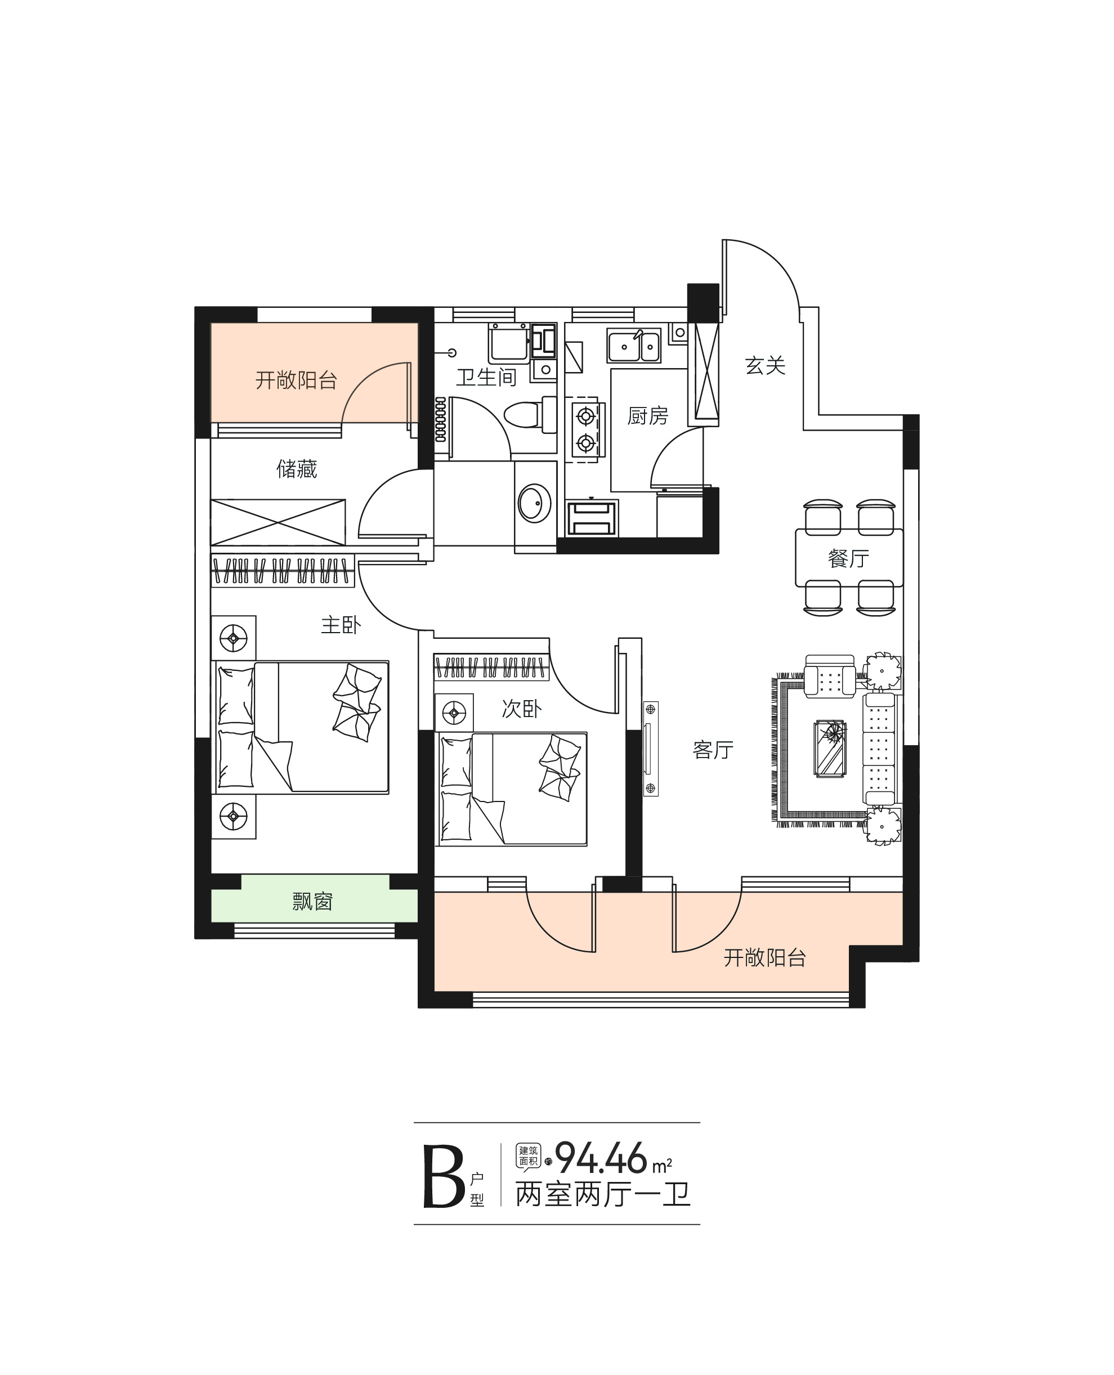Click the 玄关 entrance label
point(765,366)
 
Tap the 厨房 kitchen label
point(647,416)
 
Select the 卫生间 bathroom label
point(486,377)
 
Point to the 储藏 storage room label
point(297,469)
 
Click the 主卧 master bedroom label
point(341,625)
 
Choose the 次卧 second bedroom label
point(521,709)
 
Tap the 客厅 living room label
point(713,750)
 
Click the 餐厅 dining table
point(849,558)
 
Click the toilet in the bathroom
point(530,414)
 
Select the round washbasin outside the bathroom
point(534,503)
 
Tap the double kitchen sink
point(634,347)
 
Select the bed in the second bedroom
point(512,789)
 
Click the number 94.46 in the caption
point(601,1159)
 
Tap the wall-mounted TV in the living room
point(650,749)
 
